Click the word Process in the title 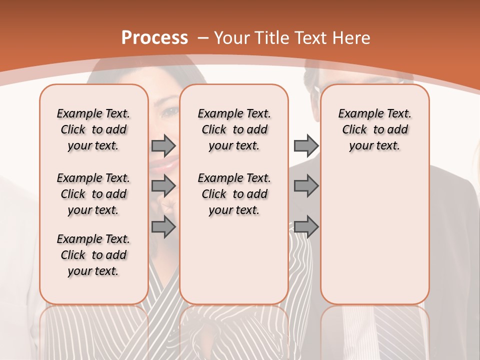point(154,37)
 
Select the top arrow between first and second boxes point(163,145)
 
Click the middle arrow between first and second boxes point(163,186)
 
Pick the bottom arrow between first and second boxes point(163,227)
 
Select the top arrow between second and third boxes point(306,145)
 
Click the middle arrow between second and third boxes point(306,186)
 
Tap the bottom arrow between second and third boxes point(306,227)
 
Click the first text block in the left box point(93,129)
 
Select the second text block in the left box point(93,194)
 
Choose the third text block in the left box point(93,255)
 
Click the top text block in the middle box point(234,129)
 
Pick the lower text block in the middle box point(234,194)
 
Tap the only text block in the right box point(374,129)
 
